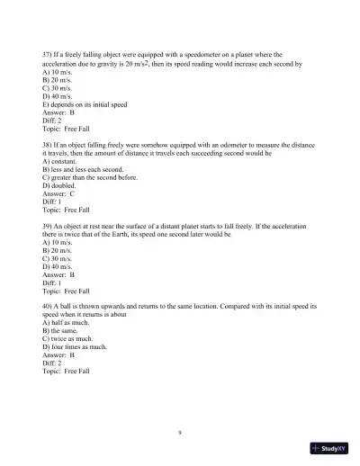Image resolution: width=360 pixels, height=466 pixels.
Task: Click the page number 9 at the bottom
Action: (181, 432)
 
